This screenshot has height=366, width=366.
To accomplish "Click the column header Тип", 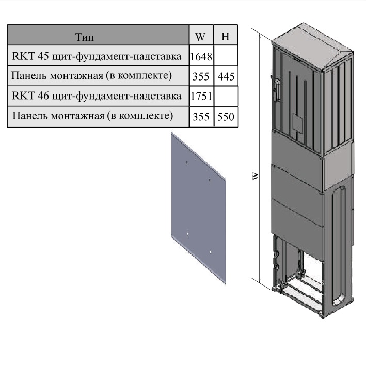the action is tap(85, 37).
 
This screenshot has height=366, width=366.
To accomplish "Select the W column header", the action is tap(200, 37).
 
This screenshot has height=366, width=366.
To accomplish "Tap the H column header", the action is tap(225, 37).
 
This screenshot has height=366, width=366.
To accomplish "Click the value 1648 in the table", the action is tap(201, 56).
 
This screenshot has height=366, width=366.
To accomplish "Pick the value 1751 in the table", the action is tap(201, 96).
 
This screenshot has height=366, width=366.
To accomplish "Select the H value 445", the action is tap(226, 76).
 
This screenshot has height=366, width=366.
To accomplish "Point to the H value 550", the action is tap(226, 117).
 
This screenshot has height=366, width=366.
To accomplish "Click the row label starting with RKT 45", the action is tap(97, 56).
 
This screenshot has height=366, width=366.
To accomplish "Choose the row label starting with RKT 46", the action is tap(97, 96).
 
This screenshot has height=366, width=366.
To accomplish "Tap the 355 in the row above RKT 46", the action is tap(201, 76).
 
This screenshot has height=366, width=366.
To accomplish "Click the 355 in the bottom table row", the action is tap(201, 117).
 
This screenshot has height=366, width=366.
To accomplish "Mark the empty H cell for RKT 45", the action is tap(226, 55).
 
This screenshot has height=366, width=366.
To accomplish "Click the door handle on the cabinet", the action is tap(277, 90).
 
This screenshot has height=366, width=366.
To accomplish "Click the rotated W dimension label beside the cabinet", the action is tap(256, 176).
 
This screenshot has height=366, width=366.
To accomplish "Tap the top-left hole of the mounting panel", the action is tap(187, 163).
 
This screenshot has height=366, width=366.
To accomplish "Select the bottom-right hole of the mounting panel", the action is tap(211, 252).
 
